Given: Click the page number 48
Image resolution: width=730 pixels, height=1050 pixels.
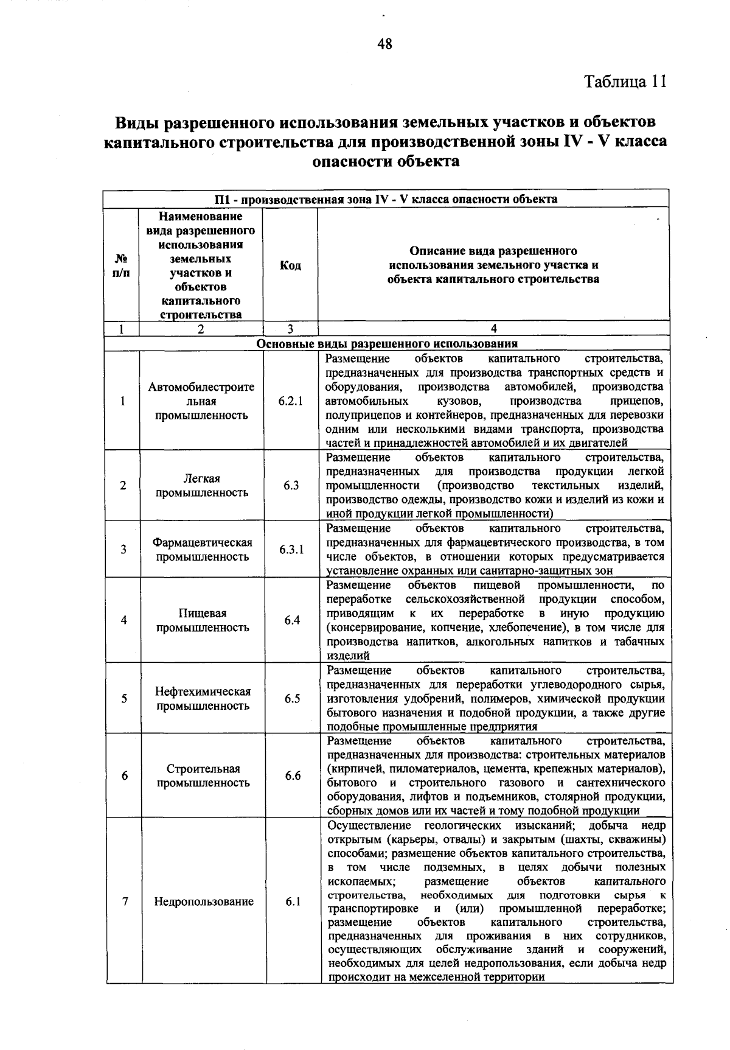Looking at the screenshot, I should tap(384, 44).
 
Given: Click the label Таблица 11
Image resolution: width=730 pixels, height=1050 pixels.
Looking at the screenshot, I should tap(625, 81).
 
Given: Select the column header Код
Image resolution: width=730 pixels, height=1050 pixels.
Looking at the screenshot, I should tap(290, 265).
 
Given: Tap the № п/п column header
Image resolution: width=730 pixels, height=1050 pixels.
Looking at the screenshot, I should tap(121, 265).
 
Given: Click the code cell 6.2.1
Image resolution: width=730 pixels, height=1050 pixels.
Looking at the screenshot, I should tap(291, 401).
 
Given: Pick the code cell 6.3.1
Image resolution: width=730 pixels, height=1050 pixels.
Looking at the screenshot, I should tap(291, 550).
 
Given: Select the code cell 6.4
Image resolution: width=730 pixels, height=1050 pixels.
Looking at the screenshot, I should tap(292, 620).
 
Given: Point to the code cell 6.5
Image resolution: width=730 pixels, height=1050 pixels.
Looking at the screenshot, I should tap(293, 698).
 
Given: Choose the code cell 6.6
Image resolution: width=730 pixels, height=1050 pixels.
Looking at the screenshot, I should tap(293, 775).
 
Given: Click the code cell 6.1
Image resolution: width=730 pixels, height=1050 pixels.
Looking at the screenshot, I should tap(293, 901).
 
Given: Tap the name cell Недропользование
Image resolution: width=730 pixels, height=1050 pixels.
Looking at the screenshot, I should tap(203, 901).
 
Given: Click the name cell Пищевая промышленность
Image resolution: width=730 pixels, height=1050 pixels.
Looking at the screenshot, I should tap(203, 620).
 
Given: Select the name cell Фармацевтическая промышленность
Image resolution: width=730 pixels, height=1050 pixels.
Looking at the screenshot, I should tap(202, 550).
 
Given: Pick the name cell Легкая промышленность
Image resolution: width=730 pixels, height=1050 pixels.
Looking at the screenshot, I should tap(202, 485).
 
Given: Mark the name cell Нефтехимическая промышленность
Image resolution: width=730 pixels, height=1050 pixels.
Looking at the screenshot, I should tap(203, 698).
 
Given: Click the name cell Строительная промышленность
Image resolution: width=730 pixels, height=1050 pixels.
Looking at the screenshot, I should tap(203, 775).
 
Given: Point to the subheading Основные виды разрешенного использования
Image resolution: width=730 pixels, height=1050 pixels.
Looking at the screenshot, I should tap(387, 343).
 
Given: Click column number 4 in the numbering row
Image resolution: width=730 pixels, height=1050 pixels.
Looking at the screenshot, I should tap(493, 329).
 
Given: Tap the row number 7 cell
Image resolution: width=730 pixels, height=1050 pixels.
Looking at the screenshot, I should tap(125, 901).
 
